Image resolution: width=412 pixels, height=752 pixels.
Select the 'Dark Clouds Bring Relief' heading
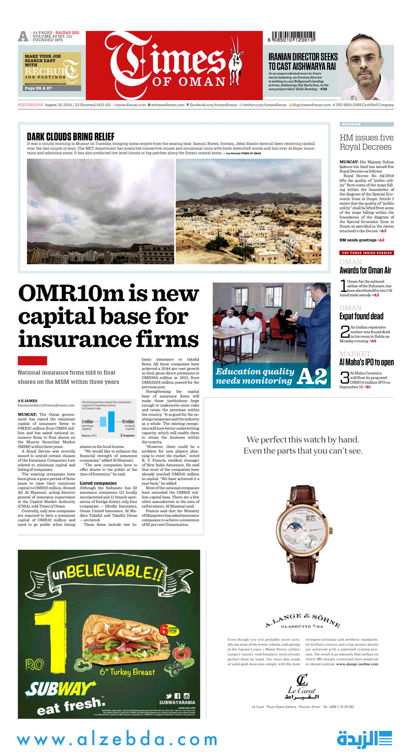[70, 136]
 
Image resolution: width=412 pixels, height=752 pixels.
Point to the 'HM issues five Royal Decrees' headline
[366, 142]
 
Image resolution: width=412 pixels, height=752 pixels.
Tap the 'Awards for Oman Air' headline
[365, 271]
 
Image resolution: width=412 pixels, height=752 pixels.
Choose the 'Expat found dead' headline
[361, 316]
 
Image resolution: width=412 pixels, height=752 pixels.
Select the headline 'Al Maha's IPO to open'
[366, 362]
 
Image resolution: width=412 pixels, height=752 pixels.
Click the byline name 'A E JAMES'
[28, 401]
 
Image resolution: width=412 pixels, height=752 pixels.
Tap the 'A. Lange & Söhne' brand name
[303, 620]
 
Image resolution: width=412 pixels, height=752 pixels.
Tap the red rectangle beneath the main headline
[32, 361]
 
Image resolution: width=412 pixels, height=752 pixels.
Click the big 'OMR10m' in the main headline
[72, 294]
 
